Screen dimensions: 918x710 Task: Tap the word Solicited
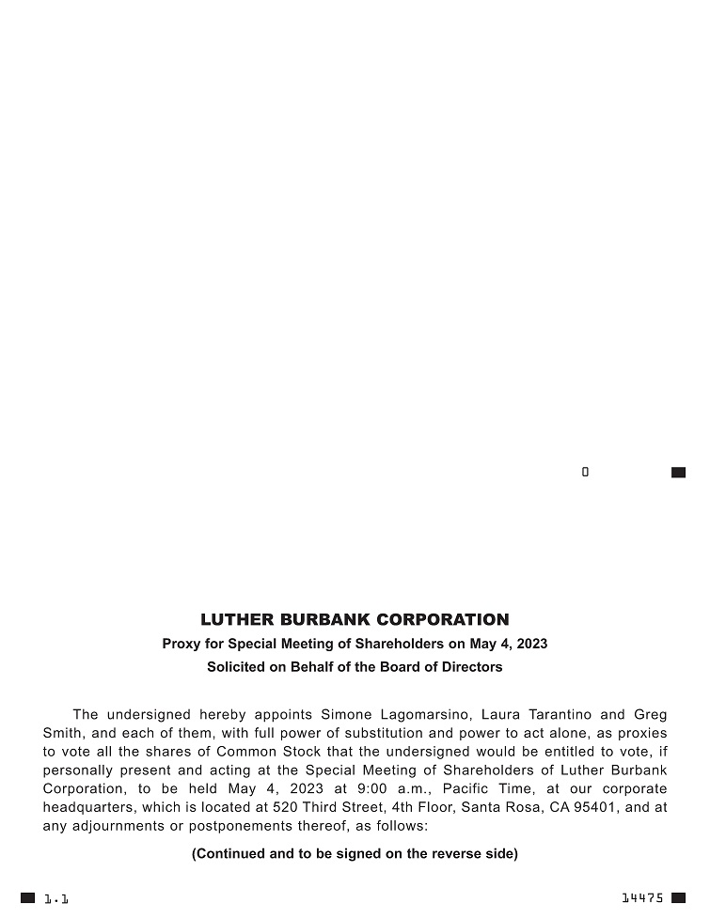[x=237, y=667]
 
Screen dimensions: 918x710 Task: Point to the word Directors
[x=473, y=667]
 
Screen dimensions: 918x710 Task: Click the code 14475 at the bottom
[x=642, y=898]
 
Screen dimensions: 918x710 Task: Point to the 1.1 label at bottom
[x=56, y=899]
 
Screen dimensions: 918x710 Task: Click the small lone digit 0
[x=585, y=473]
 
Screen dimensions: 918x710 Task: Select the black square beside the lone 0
[x=678, y=473]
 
